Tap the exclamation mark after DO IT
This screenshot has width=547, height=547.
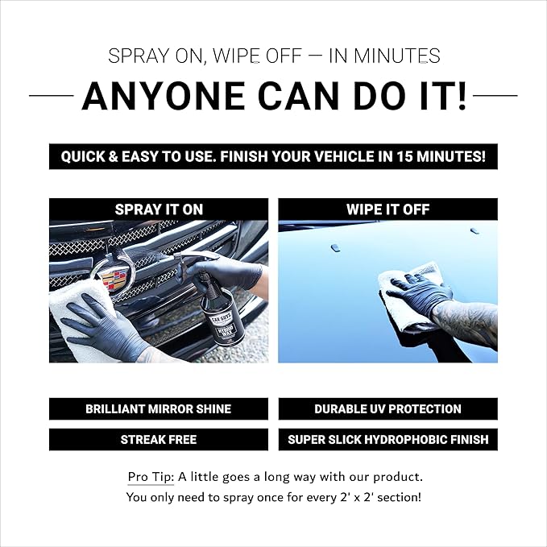coord(462,96)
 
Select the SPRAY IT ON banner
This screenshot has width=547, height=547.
coord(159,209)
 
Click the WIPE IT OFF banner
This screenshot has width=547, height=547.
coord(388,209)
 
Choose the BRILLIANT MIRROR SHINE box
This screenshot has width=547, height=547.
coord(159,409)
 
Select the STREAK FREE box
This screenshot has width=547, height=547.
coord(159,440)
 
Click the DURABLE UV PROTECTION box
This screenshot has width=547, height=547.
coord(388,409)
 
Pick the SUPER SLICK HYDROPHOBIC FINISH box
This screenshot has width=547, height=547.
coord(388,440)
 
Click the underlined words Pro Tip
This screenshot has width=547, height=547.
coord(151,477)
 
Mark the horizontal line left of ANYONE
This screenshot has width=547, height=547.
coord(52,95)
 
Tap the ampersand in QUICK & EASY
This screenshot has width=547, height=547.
coord(113,156)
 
